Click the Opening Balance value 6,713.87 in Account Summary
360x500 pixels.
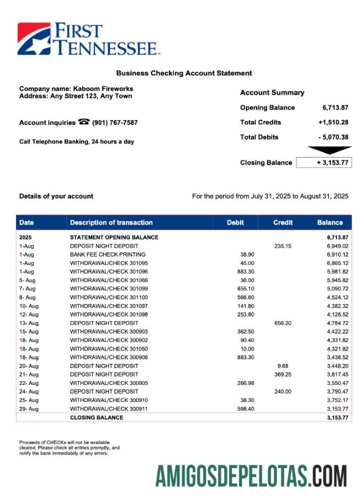click(x=335, y=107)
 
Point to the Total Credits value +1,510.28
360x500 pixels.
click(x=333, y=122)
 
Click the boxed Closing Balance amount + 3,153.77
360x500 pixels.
click(x=324, y=162)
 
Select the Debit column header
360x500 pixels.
click(x=235, y=222)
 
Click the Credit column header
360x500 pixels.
click(x=283, y=222)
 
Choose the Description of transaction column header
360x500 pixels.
click(x=111, y=222)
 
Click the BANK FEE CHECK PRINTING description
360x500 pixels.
click(x=108, y=254)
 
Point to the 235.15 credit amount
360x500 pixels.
click(x=283, y=246)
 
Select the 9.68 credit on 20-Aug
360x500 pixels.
click(x=285, y=366)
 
